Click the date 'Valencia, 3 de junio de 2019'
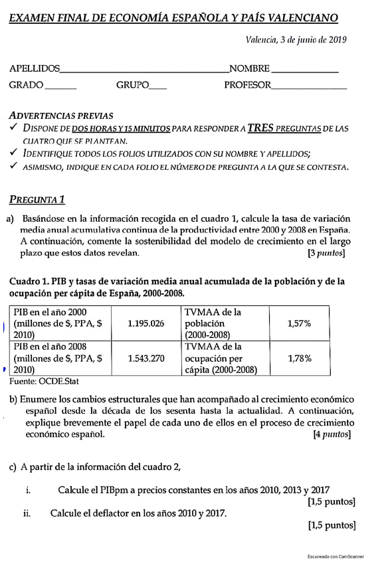pyautogui.click(x=296, y=40)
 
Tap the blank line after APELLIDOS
pyautogui.click(x=144, y=70)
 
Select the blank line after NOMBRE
pyautogui.click(x=305, y=70)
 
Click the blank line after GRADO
pyautogui.click(x=61, y=88)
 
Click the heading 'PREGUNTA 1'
pyautogui.click(x=37, y=199)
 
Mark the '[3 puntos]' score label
pyautogui.click(x=326, y=253)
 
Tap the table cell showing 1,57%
pyautogui.click(x=299, y=323)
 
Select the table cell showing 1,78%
pyautogui.click(x=299, y=359)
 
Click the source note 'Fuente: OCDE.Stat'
pyautogui.click(x=44, y=382)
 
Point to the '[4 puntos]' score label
pyautogui.click(x=332, y=435)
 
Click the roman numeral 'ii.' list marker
pyautogui.click(x=27, y=513)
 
